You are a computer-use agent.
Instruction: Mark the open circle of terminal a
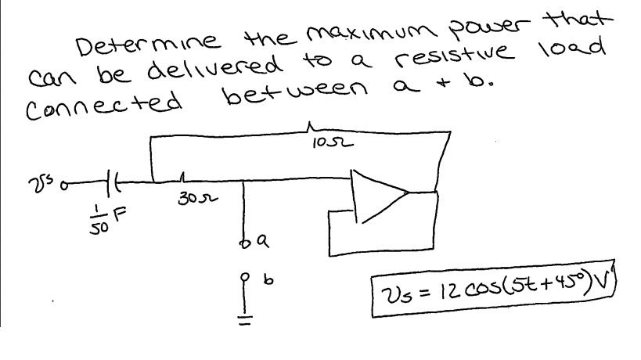tap(245, 246)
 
